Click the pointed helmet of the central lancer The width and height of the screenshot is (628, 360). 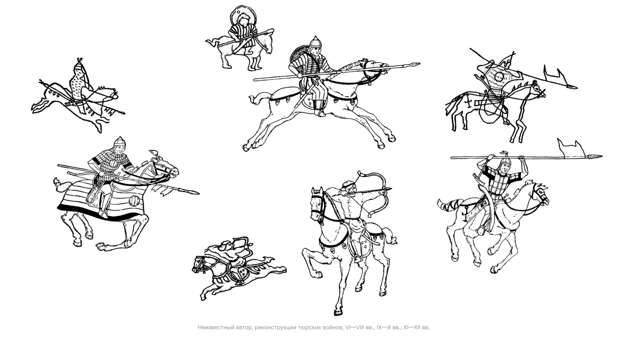point(315,41)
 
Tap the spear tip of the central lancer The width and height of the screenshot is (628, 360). point(412,65)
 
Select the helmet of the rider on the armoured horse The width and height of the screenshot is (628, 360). point(119,142)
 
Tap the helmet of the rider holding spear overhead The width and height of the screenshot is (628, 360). point(505,161)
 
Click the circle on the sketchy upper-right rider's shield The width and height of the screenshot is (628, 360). point(499,76)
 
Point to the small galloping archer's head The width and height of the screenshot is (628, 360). point(226,246)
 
